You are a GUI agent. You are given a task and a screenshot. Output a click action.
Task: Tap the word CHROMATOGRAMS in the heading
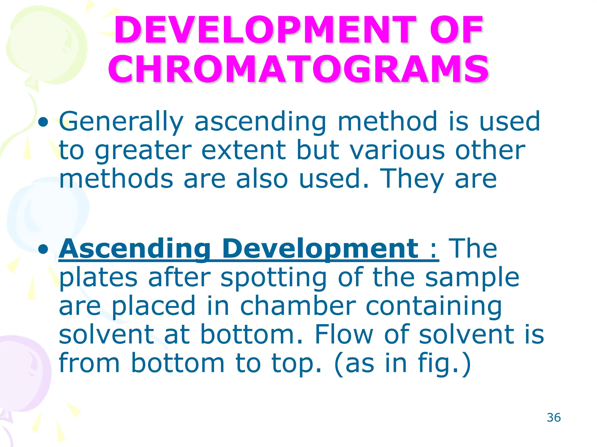pos(298,69)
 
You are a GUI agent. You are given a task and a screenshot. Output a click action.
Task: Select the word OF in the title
pos(456,30)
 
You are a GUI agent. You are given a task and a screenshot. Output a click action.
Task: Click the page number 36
pos(554,418)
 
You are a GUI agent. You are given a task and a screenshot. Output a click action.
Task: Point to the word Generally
pos(121,122)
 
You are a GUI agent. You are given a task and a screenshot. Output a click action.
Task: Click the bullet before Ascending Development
pos(43,249)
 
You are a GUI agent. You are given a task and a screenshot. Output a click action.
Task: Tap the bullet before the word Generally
pos(43,122)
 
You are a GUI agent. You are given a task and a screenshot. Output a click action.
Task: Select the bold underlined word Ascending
pos(134,249)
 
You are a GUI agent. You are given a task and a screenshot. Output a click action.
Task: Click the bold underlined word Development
pos(320,249)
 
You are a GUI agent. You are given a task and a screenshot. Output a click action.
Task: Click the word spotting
pos(273,278)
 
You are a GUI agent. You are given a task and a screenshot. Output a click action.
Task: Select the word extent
pos(244,151)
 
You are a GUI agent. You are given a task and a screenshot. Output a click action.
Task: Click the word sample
pos(472,278)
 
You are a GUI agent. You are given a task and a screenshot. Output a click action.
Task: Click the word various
pos(397,151)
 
